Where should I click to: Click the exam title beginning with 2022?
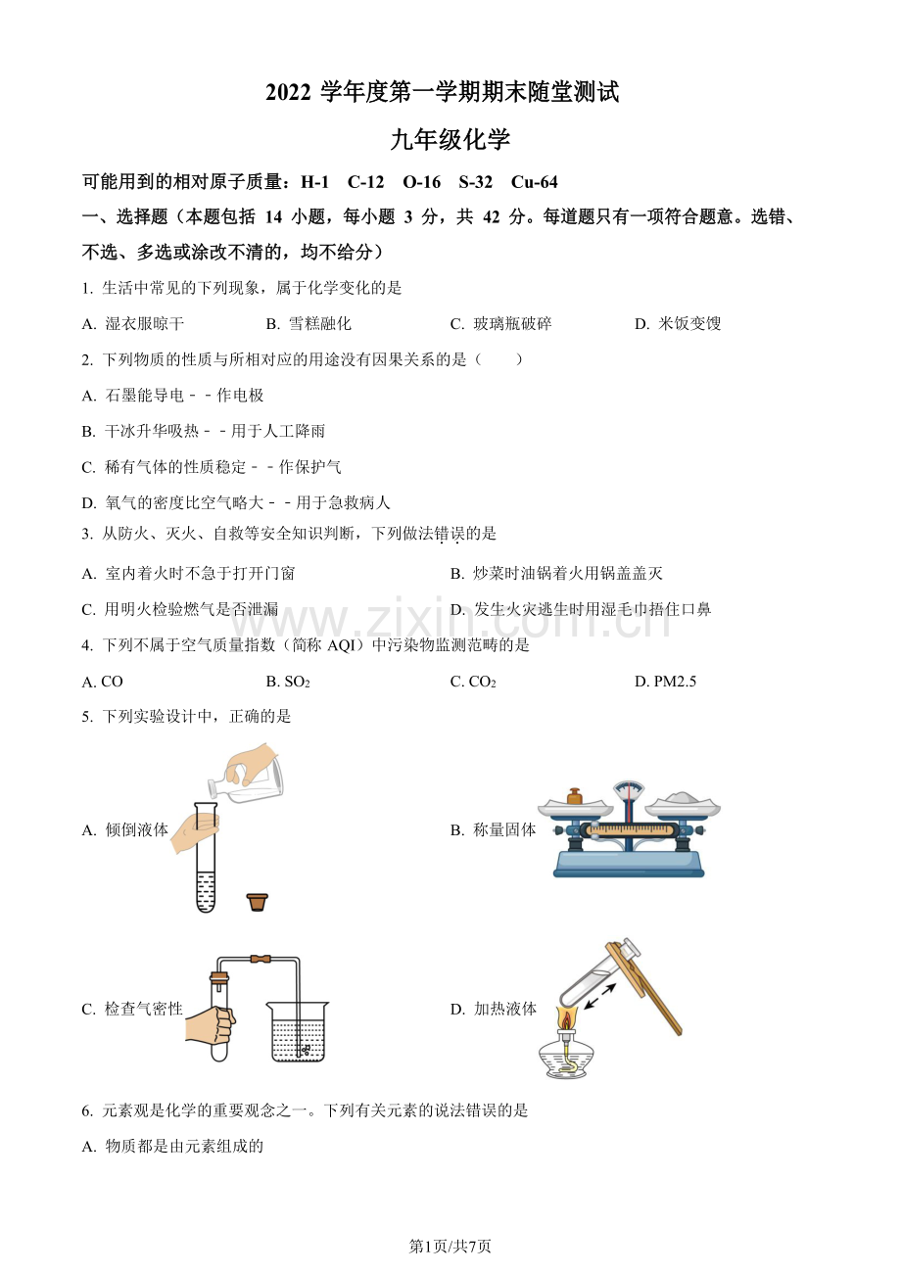pyautogui.click(x=443, y=93)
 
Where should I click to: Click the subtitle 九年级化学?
pyautogui.click(x=450, y=139)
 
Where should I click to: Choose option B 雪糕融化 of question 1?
pyautogui.click(x=308, y=324)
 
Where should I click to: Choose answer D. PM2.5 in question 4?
pyautogui.click(x=665, y=682)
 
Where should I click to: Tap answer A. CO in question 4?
pyautogui.click(x=103, y=682)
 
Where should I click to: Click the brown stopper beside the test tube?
pyautogui.click(x=258, y=901)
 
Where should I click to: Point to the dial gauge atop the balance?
pyautogui.click(x=629, y=792)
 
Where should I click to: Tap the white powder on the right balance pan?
pyautogui.click(x=687, y=800)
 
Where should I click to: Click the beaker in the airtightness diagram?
pyautogui.click(x=299, y=1033)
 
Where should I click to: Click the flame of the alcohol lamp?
pyautogui.click(x=566, y=1018)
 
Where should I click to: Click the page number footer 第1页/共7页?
pyautogui.click(x=450, y=1246)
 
